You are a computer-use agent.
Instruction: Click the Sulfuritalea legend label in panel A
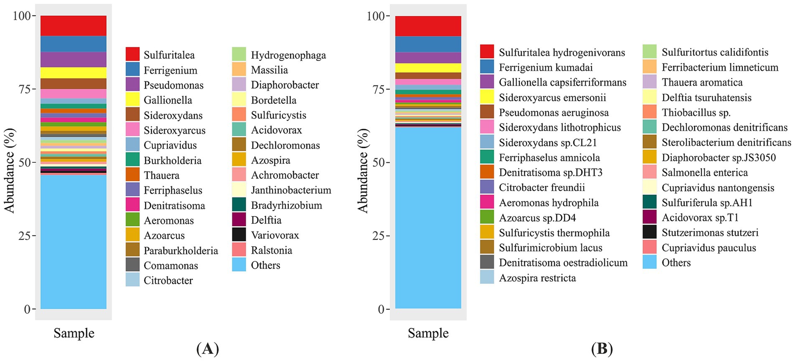169,55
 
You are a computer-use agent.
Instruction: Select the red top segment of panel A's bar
74,25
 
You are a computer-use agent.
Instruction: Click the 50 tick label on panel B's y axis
375,162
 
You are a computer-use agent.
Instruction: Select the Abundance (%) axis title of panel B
363,171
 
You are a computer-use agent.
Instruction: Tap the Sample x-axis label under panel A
74,333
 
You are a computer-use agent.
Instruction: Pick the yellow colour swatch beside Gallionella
132,100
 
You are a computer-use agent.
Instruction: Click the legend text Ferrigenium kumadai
545,67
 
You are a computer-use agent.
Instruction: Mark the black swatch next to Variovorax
239,235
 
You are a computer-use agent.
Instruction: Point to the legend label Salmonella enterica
705,172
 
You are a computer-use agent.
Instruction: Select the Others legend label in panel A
265,265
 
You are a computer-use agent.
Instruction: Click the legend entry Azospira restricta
537,278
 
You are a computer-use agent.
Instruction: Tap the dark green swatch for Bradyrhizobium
239,205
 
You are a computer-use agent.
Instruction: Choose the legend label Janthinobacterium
291,190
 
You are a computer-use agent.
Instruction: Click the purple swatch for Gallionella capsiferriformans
487,82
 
